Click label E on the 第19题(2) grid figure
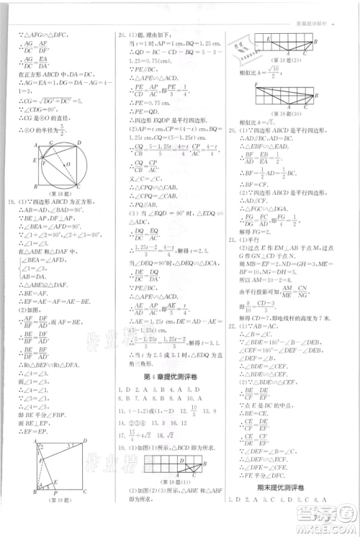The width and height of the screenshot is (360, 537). click(266, 37)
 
